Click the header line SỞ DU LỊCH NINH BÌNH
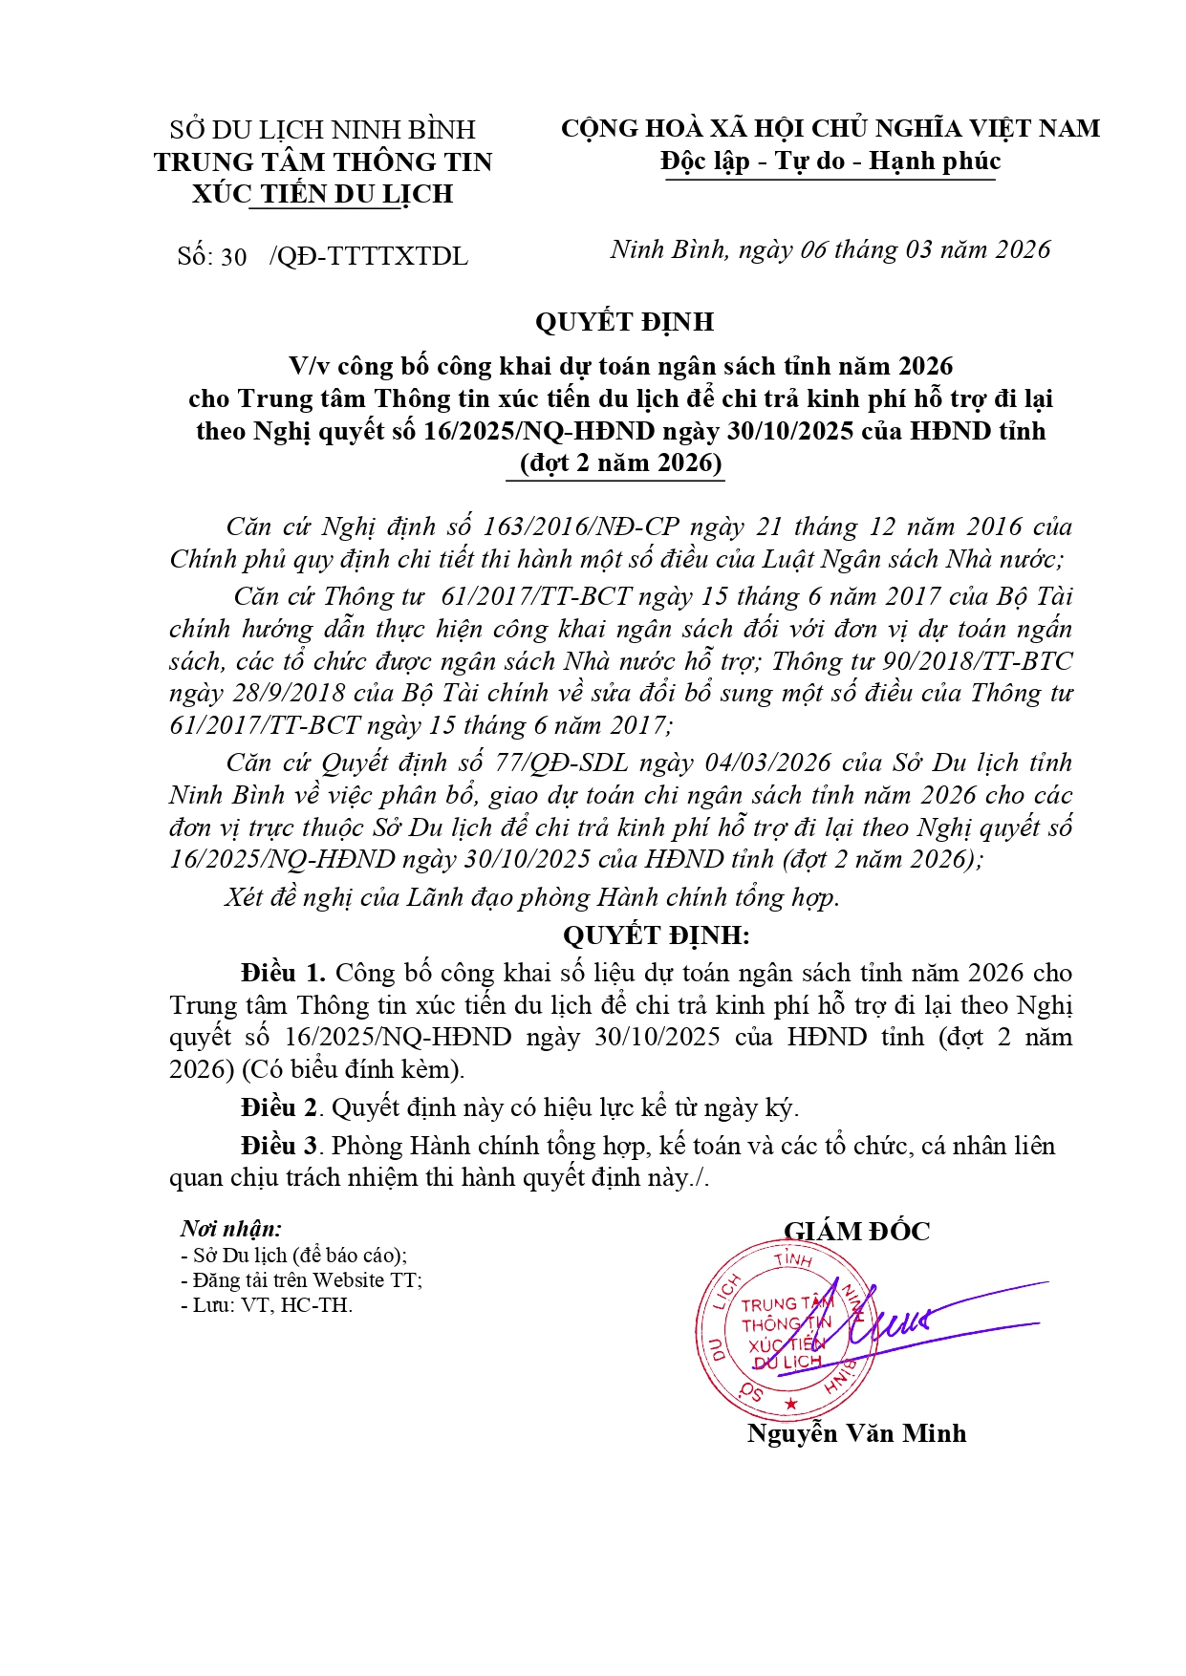click(322, 129)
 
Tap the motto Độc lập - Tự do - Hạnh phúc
click(830, 161)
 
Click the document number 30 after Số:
click(234, 257)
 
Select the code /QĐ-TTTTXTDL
click(369, 257)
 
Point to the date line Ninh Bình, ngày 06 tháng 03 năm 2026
click(830, 250)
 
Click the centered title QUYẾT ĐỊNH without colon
click(624, 322)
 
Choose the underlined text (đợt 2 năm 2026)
click(620, 463)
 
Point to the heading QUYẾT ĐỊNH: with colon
click(657, 935)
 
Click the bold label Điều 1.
click(284, 973)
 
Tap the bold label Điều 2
click(278, 1107)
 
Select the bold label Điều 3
click(278, 1146)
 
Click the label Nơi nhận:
click(230, 1230)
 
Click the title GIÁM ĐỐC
click(856, 1232)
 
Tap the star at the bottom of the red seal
click(790, 1404)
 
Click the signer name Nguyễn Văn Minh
click(856, 1433)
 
